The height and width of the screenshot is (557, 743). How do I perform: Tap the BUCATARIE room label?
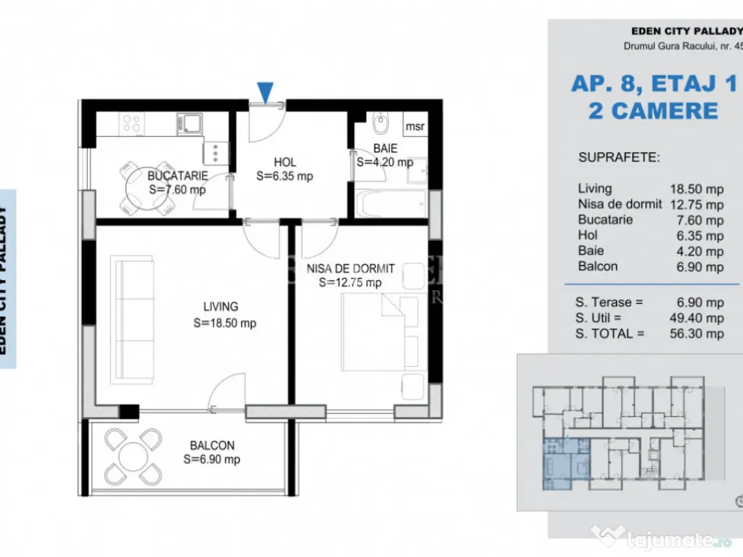click(x=177, y=176)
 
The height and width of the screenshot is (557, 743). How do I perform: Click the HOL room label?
click(x=284, y=162)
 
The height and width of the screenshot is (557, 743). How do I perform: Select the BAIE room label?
click(x=385, y=149)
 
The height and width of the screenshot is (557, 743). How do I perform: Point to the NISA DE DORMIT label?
click(x=350, y=268)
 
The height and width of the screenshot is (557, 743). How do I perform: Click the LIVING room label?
click(x=221, y=307)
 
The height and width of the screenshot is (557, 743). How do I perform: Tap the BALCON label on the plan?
click(x=212, y=445)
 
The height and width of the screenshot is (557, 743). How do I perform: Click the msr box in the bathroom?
click(x=415, y=126)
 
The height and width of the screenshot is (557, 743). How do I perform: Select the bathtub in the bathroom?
click(x=391, y=203)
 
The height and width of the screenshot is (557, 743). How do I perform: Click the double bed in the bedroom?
click(x=374, y=333)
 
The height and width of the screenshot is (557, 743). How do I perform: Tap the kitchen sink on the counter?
click(x=190, y=124)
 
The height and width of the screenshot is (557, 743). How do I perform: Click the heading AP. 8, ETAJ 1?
click(x=653, y=83)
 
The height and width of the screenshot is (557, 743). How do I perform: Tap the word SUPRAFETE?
click(x=619, y=157)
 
